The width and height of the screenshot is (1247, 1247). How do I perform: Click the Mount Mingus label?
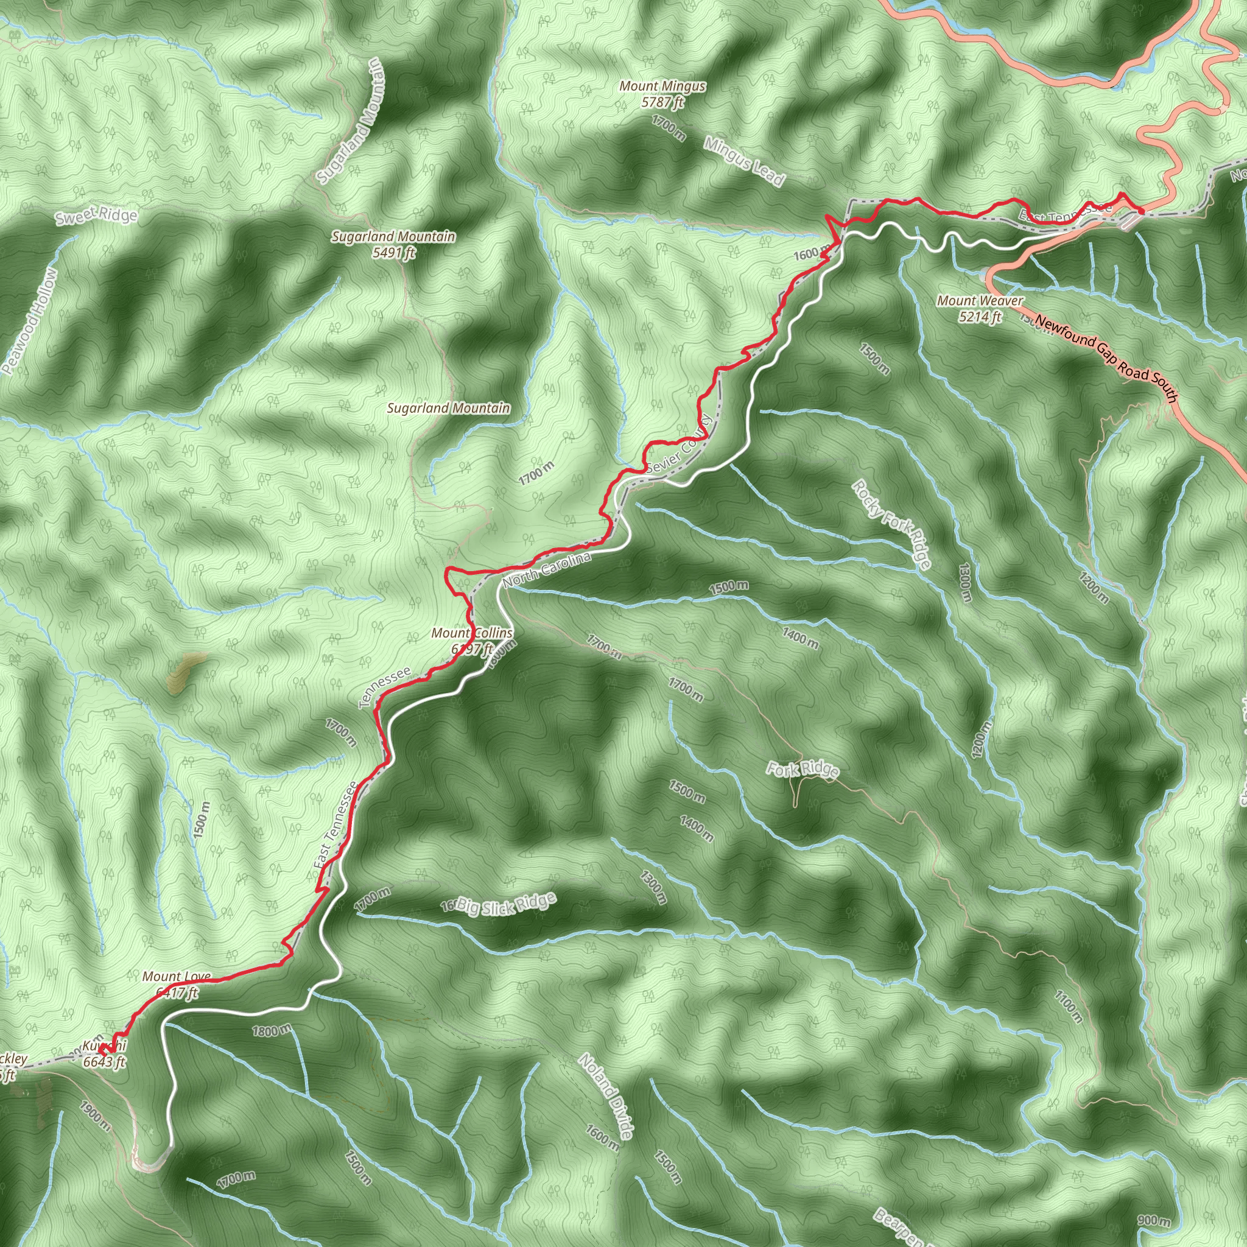point(662,94)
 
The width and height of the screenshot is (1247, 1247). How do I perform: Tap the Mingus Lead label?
point(743,161)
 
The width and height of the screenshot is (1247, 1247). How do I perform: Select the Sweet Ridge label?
point(96,216)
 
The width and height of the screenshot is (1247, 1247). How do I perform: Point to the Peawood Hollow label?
point(30,321)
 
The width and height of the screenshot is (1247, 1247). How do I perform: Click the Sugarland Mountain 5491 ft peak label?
point(393,245)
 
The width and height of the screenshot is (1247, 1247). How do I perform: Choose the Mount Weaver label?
point(980,308)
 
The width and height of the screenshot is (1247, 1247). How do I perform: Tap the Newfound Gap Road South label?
point(1106,358)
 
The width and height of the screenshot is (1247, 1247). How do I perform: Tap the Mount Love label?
point(176,985)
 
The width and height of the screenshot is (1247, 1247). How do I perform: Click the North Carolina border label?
point(547,569)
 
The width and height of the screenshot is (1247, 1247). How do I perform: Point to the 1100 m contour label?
point(1068,1006)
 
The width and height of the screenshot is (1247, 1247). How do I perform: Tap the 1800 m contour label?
point(272,1030)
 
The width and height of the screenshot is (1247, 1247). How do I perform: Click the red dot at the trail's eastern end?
point(1140,211)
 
